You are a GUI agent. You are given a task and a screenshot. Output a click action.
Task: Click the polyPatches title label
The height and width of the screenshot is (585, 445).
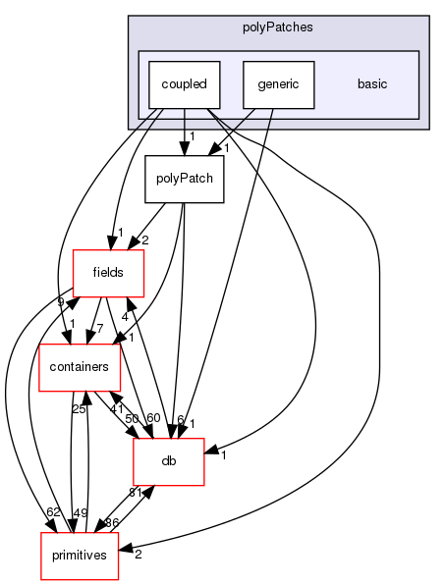(278, 27)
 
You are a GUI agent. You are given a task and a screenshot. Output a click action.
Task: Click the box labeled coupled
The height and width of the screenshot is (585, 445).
(184, 84)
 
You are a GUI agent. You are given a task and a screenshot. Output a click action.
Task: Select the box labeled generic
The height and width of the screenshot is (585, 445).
(279, 84)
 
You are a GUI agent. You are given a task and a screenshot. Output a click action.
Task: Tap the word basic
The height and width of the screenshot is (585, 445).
(372, 84)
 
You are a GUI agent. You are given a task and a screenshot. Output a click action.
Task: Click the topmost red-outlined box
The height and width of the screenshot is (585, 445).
(108, 274)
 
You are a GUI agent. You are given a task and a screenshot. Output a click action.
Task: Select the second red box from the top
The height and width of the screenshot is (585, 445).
(80, 368)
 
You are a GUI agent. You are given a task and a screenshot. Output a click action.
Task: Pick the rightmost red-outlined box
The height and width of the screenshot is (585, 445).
(169, 461)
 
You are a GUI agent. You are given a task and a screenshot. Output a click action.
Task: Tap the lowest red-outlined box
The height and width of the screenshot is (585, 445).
(80, 557)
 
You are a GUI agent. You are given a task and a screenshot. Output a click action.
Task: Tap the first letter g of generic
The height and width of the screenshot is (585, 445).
(261, 85)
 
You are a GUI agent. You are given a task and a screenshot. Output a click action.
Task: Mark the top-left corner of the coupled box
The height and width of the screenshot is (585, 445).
(148, 61)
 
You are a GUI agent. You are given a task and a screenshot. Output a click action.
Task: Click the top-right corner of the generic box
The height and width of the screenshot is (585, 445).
(313, 61)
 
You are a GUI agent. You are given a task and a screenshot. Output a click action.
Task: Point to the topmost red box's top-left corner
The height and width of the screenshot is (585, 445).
(73, 250)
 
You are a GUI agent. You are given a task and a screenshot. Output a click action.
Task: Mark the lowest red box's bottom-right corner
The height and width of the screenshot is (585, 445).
(118, 580)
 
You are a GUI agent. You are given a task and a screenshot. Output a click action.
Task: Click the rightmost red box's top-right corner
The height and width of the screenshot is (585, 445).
(204, 439)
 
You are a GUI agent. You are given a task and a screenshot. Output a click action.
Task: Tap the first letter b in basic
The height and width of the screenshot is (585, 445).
(361, 84)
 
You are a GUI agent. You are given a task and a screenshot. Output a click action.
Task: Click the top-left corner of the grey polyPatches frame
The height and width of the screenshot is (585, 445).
(129, 17)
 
